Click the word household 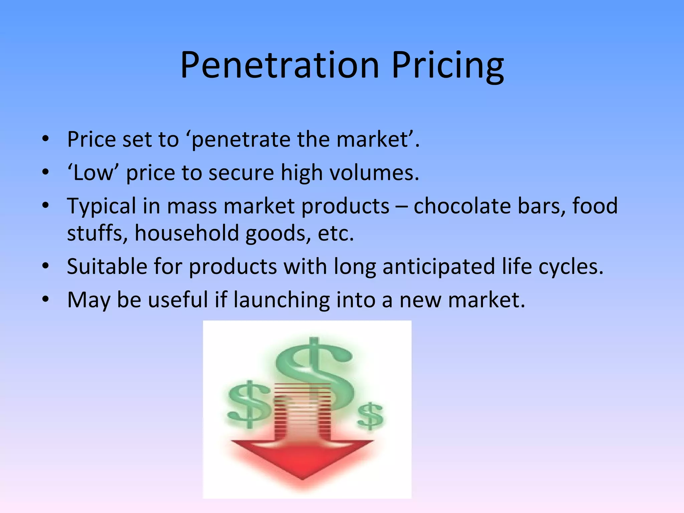[x=187, y=233]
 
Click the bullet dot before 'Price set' [x=46, y=140]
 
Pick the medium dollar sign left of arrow [x=249, y=404]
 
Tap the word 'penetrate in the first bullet [x=240, y=140]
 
